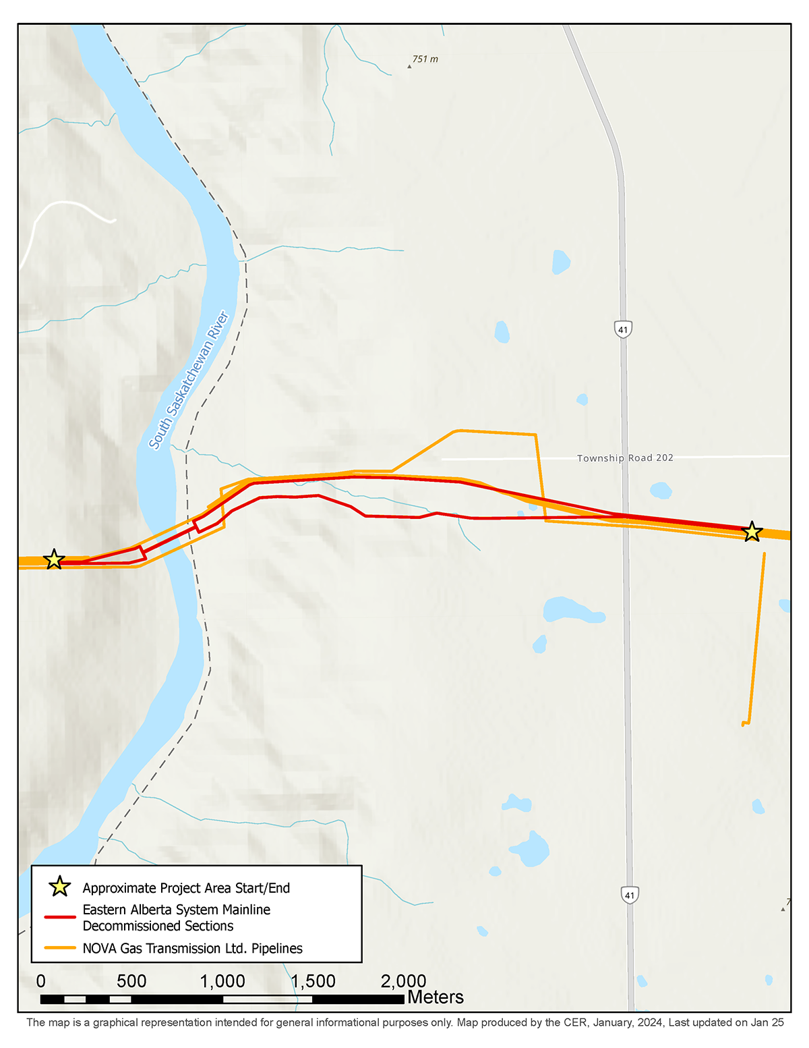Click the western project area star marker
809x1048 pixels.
pyautogui.click(x=54, y=559)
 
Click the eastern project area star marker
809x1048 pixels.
pyautogui.click(x=752, y=532)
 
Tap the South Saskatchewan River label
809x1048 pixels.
pyautogui.click(x=189, y=381)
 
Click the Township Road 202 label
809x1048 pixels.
pyautogui.click(x=625, y=458)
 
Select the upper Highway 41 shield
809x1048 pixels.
pyautogui.click(x=623, y=330)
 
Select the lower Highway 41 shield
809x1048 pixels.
pyautogui.click(x=630, y=895)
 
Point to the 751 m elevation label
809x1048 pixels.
pyautogui.click(x=425, y=59)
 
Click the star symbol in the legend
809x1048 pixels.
pyautogui.click(x=60, y=887)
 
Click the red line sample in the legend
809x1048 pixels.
pyautogui.click(x=60, y=917)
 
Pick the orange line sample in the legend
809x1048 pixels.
pyautogui.click(x=60, y=948)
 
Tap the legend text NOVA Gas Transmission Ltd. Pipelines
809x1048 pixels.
pyautogui.click(x=192, y=948)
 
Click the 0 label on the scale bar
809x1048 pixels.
pyautogui.click(x=41, y=981)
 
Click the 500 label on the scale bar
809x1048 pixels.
pyautogui.click(x=131, y=981)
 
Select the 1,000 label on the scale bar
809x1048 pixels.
pyautogui.click(x=222, y=981)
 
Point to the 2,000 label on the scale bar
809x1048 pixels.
pyautogui.click(x=403, y=981)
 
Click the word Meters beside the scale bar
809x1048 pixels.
pyautogui.click(x=436, y=997)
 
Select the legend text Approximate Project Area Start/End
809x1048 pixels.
pyautogui.click(x=186, y=888)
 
